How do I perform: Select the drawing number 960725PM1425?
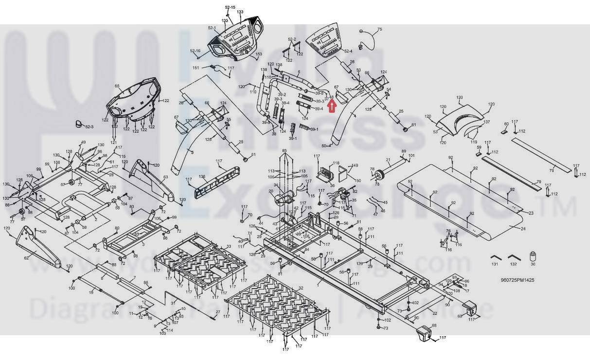point(518,280)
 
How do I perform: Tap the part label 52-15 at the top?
point(230,7)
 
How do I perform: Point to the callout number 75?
point(379,30)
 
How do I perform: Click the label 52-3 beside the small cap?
point(89,127)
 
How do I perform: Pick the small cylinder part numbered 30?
point(533,256)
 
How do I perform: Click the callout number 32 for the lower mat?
point(301,288)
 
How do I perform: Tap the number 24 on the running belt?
point(523,229)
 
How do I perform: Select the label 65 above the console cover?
point(117,86)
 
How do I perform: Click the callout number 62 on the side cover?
point(27,257)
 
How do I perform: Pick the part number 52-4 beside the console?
point(348,51)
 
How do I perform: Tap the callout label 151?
point(196,68)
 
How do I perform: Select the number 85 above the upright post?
point(285,151)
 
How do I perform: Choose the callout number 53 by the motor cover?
point(435,132)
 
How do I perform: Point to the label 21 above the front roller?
point(388,160)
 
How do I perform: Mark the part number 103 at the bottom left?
point(162,333)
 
